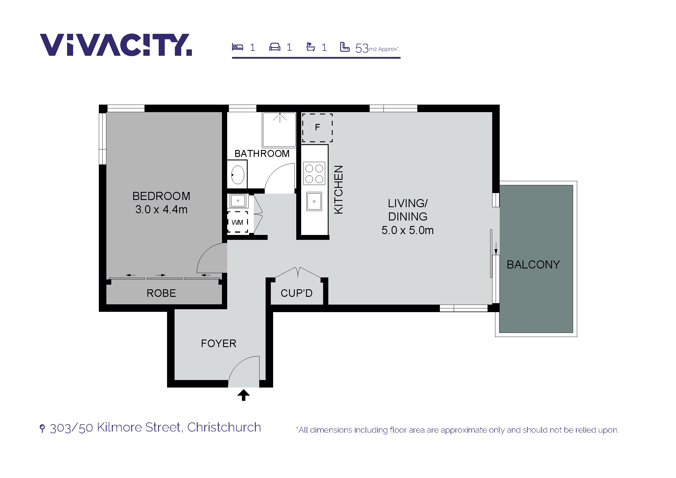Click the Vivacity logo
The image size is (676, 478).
click(116, 45)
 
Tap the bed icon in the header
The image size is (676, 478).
click(237, 47)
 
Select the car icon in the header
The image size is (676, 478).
click(275, 47)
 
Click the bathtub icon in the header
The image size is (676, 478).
click(311, 47)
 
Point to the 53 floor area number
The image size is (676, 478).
click(362, 48)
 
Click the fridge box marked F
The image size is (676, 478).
click(317, 128)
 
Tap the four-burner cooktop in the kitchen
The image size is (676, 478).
click(314, 173)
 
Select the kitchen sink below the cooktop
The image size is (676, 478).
click(314, 201)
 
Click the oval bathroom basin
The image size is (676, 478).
click(238, 175)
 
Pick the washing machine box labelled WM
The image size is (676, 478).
click(237, 222)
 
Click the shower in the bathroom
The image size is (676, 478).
click(279, 129)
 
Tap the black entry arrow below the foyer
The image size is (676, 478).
click(243, 395)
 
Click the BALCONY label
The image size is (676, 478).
click(533, 265)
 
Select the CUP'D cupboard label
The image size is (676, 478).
click(297, 293)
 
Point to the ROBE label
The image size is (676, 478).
click(161, 293)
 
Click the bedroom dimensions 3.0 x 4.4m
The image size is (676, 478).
click(161, 210)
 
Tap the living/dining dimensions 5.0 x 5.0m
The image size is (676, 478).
click(408, 230)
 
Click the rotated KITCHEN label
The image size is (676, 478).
click(339, 190)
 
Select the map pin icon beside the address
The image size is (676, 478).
click(42, 428)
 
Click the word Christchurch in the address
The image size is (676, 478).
click(224, 427)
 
